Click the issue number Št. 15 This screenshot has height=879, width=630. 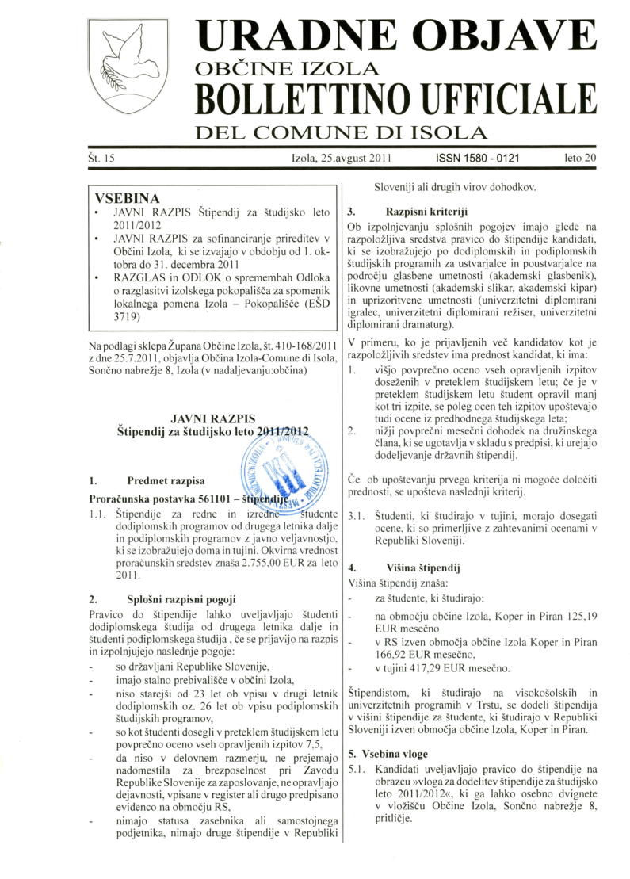tap(102, 159)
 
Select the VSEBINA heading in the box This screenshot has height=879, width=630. tap(127, 197)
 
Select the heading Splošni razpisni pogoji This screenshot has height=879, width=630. tap(180, 600)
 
